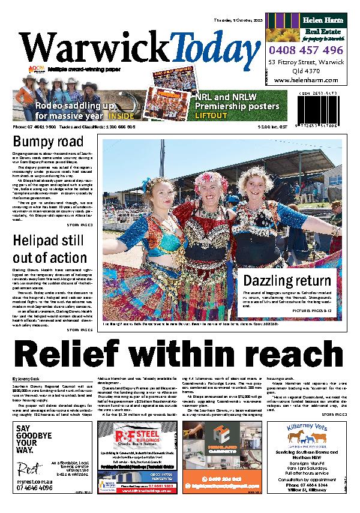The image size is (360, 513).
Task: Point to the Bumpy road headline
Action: (49, 143)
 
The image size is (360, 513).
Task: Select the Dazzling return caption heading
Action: (287, 281)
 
